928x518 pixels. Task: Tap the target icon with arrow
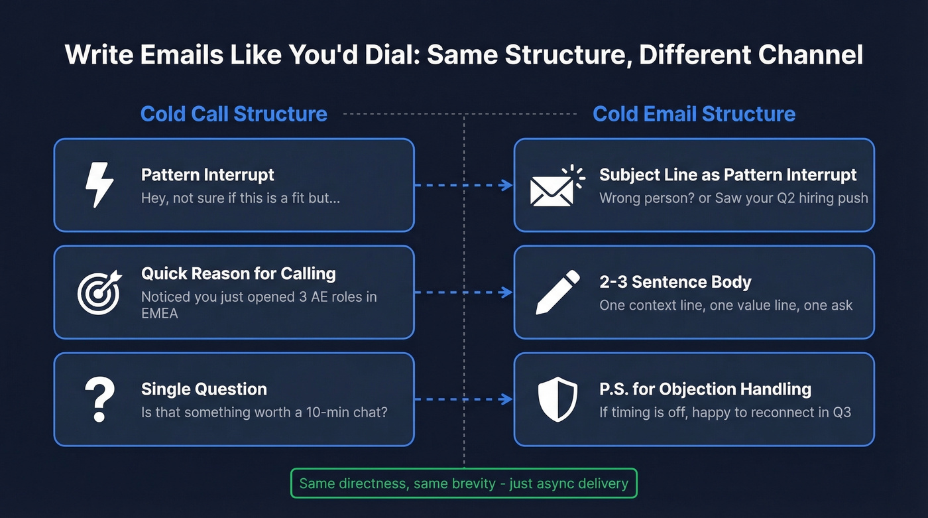[97, 292]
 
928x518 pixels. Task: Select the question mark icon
[99, 399]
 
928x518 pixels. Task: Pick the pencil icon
[557, 292]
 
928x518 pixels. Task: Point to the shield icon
[557, 399]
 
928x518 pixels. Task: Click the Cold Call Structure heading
[233, 113]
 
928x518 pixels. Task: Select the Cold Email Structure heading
[693, 113]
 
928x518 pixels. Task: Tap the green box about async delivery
[463, 483]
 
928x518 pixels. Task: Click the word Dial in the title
[393, 54]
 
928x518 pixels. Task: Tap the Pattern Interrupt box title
[207, 174]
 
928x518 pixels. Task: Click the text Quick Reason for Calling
[239, 273]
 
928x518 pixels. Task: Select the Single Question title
[204, 389]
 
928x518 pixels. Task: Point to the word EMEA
[160, 313]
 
